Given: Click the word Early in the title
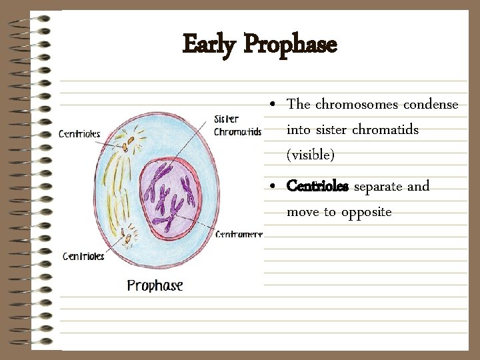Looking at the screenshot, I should coord(209,45).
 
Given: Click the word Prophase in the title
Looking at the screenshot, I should coord(290,45).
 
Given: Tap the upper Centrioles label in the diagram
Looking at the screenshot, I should coord(79,133).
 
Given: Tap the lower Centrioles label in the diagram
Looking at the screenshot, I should coord(83,256).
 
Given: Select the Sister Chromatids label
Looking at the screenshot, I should coord(237,126).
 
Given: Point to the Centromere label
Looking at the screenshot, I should coord(239,234).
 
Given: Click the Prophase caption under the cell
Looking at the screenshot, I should coord(155,285).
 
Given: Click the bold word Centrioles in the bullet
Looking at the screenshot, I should coord(317,187).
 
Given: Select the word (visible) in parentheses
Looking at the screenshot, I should coord(310,155).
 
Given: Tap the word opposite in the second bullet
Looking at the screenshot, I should coord(366,212).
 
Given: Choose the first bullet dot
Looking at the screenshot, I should coord(274,105).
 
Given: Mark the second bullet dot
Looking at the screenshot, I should coord(274,187).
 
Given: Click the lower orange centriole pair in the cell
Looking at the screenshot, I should coord(126,234).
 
